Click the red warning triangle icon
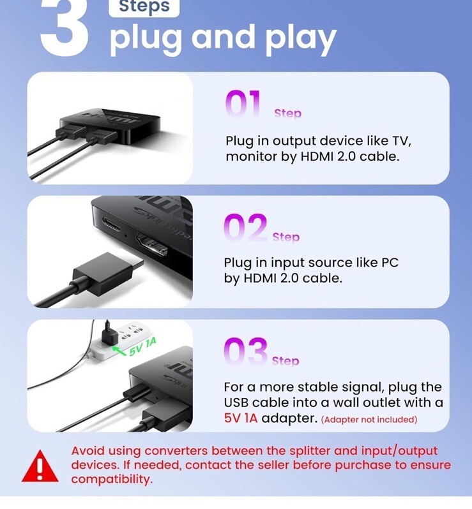(40, 466)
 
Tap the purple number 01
(243, 103)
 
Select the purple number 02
(245, 227)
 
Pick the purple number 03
(245, 351)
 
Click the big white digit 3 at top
(64, 26)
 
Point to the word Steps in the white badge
(144, 6)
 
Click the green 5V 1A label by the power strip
(142, 347)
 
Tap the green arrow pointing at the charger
(119, 351)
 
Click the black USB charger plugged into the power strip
(109, 334)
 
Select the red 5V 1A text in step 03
(241, 418)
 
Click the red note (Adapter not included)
(369, 420)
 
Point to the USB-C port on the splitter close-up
(111, 224)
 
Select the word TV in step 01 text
(402, 141)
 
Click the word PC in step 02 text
(390, 263)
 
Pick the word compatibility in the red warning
(112, 479)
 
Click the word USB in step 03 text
(236, 402)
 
